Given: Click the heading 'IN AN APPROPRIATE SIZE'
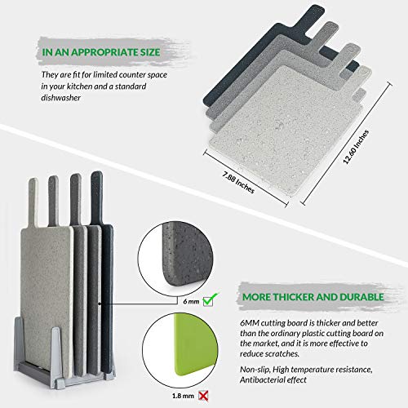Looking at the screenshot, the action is pyautogui.click(x=101, y=52).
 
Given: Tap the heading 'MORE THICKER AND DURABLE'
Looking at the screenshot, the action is pyautogui.click(x=313, y=297).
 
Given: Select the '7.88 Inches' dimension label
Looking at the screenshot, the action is pyautogui.click(x=238, y=182).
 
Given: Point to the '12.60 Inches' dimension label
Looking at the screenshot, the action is pyautogui.click(x=356, y=147).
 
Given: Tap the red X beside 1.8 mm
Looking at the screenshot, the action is pyautogui.click(x=203, y=396).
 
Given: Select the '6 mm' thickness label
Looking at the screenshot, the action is pyautogui.click(x=191, y=301).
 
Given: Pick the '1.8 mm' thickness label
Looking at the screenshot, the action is pyautogui.click(x=183, y=396).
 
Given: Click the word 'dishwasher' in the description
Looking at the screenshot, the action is pyautogui.click(x=61, y=98).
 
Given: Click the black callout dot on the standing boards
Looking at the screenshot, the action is pyautogui.click(x=100, y=304).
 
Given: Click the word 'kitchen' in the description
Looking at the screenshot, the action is pyautogui.click(x=67, y=86).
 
